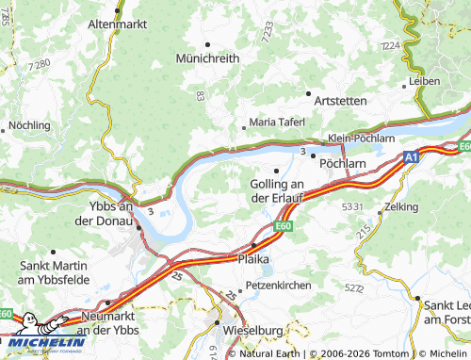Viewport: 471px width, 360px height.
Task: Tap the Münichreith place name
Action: pyautogui.click(x=207, y=57)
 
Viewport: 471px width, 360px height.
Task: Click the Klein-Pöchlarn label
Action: pyautogui.click(x=360, y=139)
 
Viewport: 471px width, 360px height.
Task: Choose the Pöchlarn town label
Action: pyautogui.click(x=342, y=162)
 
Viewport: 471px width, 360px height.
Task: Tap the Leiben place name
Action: pyautogui.click(x=425, y=82)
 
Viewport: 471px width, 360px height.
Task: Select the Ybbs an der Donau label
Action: pyautogui.click(x=103, y=214)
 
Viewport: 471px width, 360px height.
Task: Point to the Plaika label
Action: pyautogui.click(x=254, y=257)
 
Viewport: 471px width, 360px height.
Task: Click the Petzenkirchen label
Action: pyautogui.click(x=277, y=284)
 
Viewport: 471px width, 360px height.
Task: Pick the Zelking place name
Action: pyautogui.click(x=401, y=205)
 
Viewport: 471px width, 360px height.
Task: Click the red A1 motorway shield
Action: pyautogui.click(x=411, y=158)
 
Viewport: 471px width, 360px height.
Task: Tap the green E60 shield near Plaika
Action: pyautogui.click(x=284, y=227)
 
